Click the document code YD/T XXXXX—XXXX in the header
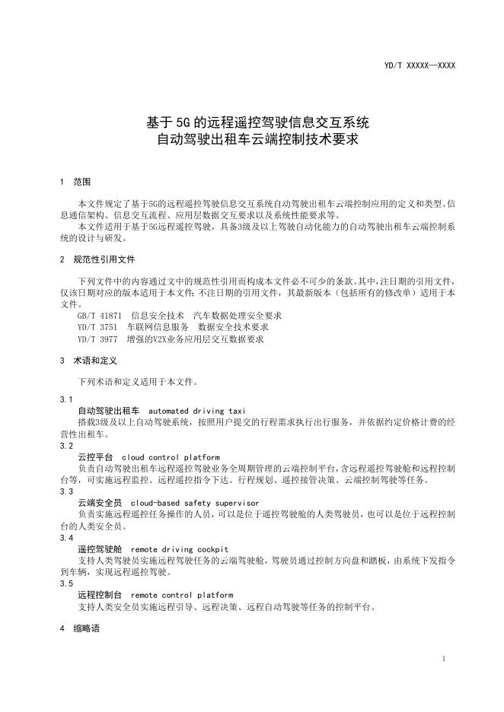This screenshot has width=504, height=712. pyautogui.click(x=419, y=66)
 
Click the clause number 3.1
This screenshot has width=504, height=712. pyautogui.click(x=66, y=399)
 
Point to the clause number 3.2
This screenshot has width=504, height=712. pyautogui.click(x=66, y=447)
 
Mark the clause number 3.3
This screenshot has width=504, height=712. pyautogui.click(x=66, y=492)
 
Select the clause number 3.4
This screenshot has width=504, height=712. pyautogui.click(x=66, y=538)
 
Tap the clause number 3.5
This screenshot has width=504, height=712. pyautogui.click(x=66, y=583)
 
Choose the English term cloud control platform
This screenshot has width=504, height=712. pyautogui.click(x=171, y=457)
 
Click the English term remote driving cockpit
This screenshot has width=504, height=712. pyautogui.click(x=179, y=549)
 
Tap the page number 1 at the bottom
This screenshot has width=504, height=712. pyautogui.click(x=443, y=659)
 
